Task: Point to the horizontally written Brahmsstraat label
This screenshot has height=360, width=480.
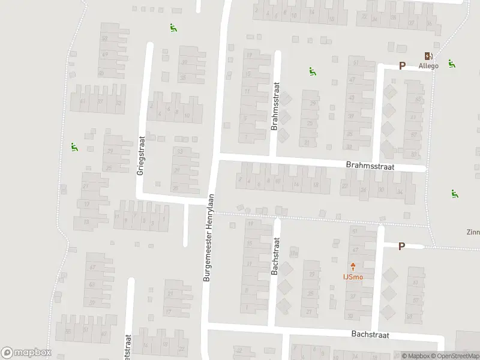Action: pos(368,163)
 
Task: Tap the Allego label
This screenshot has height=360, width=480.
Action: pos(428,65)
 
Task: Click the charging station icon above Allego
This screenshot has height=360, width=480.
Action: pos(428,55)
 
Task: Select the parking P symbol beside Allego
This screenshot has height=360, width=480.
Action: pos(402,65)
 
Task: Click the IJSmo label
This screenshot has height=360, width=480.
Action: pos(352,277)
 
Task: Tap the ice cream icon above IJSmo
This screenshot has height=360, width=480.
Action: pos(352,266)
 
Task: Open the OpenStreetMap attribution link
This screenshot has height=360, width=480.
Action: pos(456,356)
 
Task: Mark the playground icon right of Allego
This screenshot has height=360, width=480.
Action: pos(451,63)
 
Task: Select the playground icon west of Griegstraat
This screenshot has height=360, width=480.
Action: pos(74,146)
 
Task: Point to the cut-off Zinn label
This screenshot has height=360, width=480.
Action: pos(473,232)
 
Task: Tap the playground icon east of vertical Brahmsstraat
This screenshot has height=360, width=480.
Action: pos(312,72)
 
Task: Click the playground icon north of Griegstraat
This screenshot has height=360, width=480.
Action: pos(173,27)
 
